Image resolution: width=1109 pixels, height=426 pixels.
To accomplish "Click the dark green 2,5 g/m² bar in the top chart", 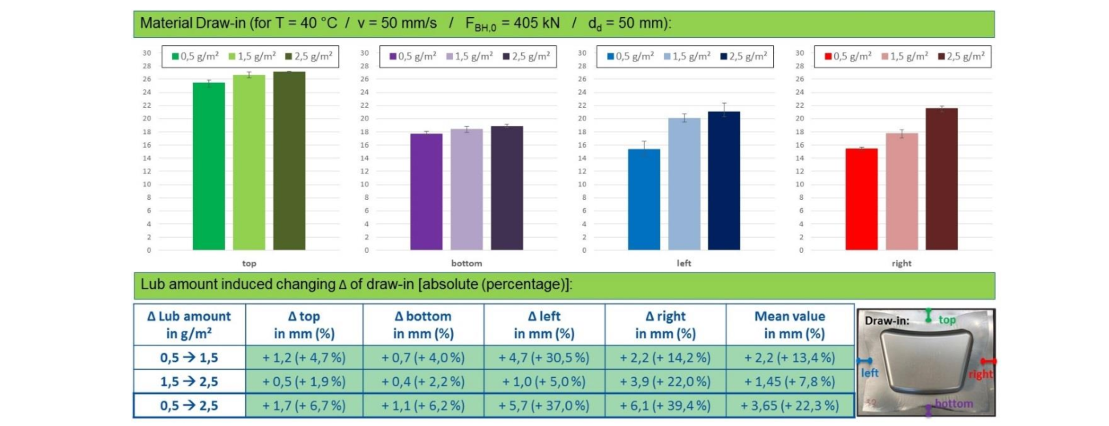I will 289,161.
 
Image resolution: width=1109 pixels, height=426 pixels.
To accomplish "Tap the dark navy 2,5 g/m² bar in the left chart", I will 724,181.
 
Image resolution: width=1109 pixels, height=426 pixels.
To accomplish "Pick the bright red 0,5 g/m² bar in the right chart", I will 861,199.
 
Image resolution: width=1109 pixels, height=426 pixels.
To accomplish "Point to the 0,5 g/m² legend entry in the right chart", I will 848,57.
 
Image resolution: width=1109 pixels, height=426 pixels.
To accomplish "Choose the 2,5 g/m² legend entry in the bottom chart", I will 526,57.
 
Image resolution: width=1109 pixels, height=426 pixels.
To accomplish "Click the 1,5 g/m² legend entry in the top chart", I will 252,57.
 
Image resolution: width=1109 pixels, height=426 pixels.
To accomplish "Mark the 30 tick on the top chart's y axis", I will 147,53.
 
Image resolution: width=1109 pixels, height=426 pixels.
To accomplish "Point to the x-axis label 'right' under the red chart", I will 901,263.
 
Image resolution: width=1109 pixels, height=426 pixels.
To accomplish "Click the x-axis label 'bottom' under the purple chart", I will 467,263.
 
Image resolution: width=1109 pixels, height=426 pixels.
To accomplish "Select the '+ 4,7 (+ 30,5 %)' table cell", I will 544,358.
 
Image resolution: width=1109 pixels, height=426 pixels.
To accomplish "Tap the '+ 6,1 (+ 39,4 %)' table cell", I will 665,406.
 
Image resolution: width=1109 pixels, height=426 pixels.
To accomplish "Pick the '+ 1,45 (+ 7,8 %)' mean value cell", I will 790,382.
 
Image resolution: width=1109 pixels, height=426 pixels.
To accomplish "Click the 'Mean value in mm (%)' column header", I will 790,325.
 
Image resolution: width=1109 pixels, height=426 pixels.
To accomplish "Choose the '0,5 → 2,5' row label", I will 189,406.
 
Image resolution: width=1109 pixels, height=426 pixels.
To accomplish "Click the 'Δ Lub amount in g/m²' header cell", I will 189,325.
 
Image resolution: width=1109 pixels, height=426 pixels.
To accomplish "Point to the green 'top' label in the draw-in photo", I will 947,320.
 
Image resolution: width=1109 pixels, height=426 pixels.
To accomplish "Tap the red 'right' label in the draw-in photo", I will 980,374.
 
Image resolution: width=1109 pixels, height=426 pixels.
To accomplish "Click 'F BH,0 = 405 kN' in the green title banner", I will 512,24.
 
